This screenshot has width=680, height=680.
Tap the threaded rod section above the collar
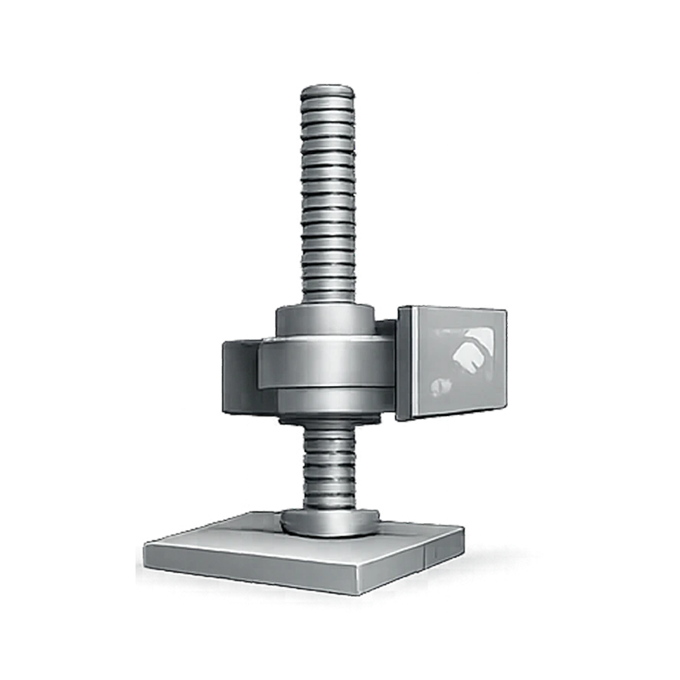[x=327, y=199]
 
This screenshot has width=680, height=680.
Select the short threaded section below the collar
[x=327, y=467]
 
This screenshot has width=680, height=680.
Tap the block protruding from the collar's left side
[x=239, y=375]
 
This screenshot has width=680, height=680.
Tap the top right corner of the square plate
[x=505, y=310]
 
